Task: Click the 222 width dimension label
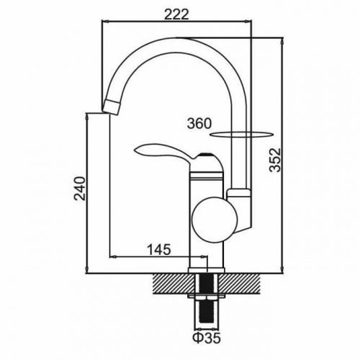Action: click(176, 15)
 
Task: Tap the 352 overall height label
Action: click(275, 160)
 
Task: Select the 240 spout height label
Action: click(80, 189)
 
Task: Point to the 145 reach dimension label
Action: click(158, 250)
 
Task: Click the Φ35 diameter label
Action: click(206, 338)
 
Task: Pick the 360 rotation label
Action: click(199, 124)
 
